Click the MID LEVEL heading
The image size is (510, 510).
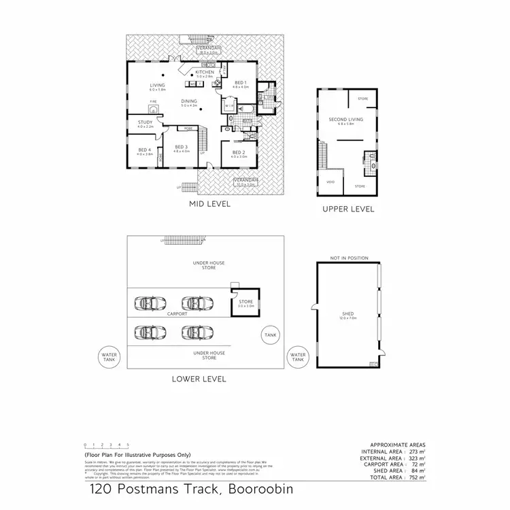click(209, 203)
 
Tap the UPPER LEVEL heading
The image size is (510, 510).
click(348, 209)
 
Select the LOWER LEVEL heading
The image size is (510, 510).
click(199, 379)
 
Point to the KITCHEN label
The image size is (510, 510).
click(205, 72)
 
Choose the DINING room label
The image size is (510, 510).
click(189, 101)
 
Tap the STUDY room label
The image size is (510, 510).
click(146, 123)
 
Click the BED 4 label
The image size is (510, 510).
click(143, 150)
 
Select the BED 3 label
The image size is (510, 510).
click(180, 147)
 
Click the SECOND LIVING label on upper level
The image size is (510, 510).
click(345, 120)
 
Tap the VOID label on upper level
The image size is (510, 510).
click(330, 182)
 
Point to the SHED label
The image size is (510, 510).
click(347, 314)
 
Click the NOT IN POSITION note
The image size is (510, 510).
click(349, 258)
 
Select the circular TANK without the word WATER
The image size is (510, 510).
click(271, 334)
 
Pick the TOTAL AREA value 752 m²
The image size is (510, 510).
click(417, 478)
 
